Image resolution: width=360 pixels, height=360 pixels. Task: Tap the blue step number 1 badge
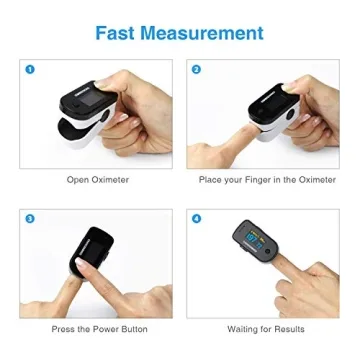click(30, 69)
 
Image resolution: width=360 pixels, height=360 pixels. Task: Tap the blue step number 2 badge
click(197, 69)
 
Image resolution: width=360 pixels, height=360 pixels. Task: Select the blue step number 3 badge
click(30, 217)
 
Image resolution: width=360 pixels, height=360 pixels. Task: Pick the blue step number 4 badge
click(197, 217)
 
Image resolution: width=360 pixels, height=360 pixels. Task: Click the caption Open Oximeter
click(97, 180)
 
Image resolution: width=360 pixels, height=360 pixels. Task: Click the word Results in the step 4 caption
click(290, 329)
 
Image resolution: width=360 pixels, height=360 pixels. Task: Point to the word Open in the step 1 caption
click(76, 180)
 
